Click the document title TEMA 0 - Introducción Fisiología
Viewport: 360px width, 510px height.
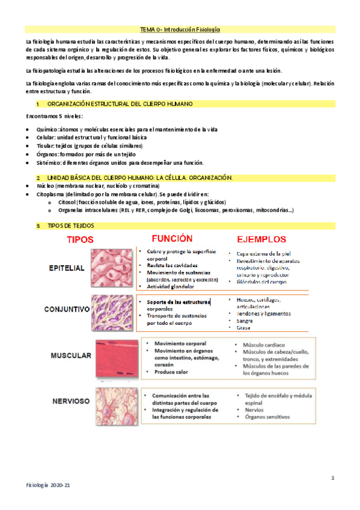coord(180,29)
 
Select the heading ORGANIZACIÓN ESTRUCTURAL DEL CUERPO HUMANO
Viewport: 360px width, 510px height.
coord(123,104)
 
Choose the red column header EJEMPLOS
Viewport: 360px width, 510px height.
coord(261,240)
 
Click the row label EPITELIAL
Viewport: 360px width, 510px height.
coord(66,268)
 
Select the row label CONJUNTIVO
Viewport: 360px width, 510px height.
coord(67,309)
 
